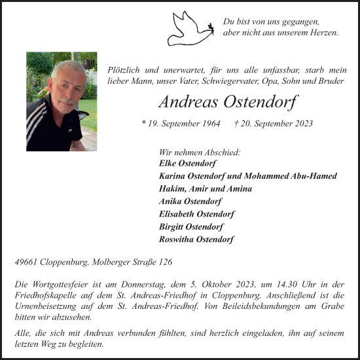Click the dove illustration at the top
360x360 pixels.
[x=190, y=28]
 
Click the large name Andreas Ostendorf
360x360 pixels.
[x=228, y=103]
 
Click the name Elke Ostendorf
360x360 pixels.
[x=187, y=164]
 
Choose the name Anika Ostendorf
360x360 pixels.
[x=190, y=202]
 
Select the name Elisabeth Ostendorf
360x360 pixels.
[x=196, y=214]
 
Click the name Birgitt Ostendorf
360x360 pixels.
[x=191, y=226]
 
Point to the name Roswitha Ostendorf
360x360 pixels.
[x=196, y=240]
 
